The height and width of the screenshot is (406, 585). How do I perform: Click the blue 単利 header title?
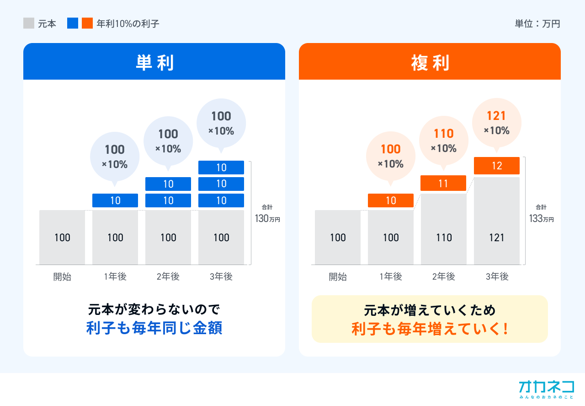click(154, 63)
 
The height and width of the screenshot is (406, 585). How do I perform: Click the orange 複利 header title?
click(430, 63)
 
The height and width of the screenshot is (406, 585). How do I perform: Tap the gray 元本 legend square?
click(29, 23)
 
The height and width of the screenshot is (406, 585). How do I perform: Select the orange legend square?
click(87, 23)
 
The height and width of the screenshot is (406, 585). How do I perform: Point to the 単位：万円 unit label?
click(537, 24)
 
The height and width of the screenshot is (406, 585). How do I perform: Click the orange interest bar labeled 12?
click(496, 166)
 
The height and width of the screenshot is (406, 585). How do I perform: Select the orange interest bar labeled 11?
click(443, 183)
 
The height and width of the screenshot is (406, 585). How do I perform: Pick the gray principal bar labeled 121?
click(496, 221)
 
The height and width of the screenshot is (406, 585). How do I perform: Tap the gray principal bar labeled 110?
click(443, 229)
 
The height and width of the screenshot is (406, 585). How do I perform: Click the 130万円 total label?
click(267, 218)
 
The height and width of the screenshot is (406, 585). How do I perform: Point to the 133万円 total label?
click(542, 218)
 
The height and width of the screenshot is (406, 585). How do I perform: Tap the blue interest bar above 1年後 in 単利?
click(115, 200)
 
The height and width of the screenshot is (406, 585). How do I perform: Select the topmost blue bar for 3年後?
click(221, 168)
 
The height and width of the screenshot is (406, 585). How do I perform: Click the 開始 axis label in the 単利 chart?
click(62, 276)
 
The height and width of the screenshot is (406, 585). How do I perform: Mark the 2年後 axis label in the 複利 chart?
click(443, 276)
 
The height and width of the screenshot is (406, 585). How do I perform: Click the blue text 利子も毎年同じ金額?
click(154, 328)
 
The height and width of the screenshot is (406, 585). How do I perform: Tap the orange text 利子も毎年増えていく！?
click(430, 329)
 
